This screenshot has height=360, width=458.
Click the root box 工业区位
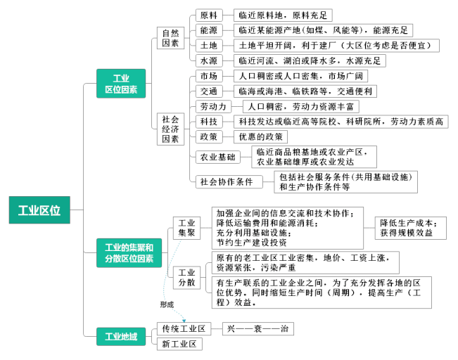(x=39, y=210)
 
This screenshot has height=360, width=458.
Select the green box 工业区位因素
(x=121, y=84)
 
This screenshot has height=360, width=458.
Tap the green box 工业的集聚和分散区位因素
(x=129, y=253)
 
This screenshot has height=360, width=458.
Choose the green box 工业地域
(x=121, y=337)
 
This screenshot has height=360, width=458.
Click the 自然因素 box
(x=170, y=38)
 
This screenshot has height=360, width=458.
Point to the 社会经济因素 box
(x=170, y=129)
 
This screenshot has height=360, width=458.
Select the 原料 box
(x=209, y=15)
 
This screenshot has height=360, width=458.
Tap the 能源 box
(x=209, y=30)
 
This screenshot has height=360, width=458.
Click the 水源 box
(x=209, y=60)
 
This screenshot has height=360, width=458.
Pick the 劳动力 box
(x=213, y=107)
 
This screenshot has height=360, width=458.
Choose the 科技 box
(x=209, y=122)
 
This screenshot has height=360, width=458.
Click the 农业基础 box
(x=217, y=157)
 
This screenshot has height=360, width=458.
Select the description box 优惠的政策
(x=260, y=136)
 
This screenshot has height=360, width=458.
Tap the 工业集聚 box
(x=186, y=228)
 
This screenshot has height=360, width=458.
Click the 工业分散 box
(x=186, y=278)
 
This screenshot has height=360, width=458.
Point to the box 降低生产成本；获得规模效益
(x=411, y=228)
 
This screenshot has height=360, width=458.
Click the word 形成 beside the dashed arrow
(x=167, y=304)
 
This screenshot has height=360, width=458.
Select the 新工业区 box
(x=179, y=344)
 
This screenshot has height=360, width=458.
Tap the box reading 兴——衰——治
(x=258, y=329)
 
